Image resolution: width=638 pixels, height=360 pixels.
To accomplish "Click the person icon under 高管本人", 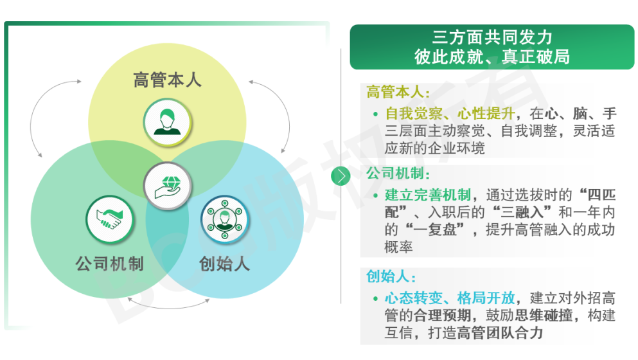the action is (167, 122).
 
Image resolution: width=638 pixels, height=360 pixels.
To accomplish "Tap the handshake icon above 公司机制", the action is (110, 219).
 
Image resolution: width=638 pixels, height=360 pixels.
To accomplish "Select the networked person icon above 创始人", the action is (225, 219).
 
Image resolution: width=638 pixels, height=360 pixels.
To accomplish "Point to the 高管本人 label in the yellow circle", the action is (167, 80).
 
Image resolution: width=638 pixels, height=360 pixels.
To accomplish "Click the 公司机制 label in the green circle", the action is (109, 264).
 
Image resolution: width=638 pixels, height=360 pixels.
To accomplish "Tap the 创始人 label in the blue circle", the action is (224, 264).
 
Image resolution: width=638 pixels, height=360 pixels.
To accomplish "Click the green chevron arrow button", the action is (341, 176).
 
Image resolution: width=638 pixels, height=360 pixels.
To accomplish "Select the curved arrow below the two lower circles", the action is (168, 306).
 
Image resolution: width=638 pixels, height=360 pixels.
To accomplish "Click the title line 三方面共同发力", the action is (492, 37).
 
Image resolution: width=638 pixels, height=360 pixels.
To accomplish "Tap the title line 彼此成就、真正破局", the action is (492, 57).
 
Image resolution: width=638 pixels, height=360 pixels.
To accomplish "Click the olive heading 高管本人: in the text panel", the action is (398, 92).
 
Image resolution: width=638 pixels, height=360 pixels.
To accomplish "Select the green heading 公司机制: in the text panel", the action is (398, 174).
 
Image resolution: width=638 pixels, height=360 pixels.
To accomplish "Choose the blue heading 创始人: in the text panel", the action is (391, 276).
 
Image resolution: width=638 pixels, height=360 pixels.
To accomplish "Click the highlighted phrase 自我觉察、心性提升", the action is (450, 113).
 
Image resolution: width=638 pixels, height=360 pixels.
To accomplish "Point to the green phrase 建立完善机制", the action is (428, 195).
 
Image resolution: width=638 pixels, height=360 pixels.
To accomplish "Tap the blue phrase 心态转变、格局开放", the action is (450, 298).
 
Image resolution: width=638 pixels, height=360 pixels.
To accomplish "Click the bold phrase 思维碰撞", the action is (544, 316).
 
